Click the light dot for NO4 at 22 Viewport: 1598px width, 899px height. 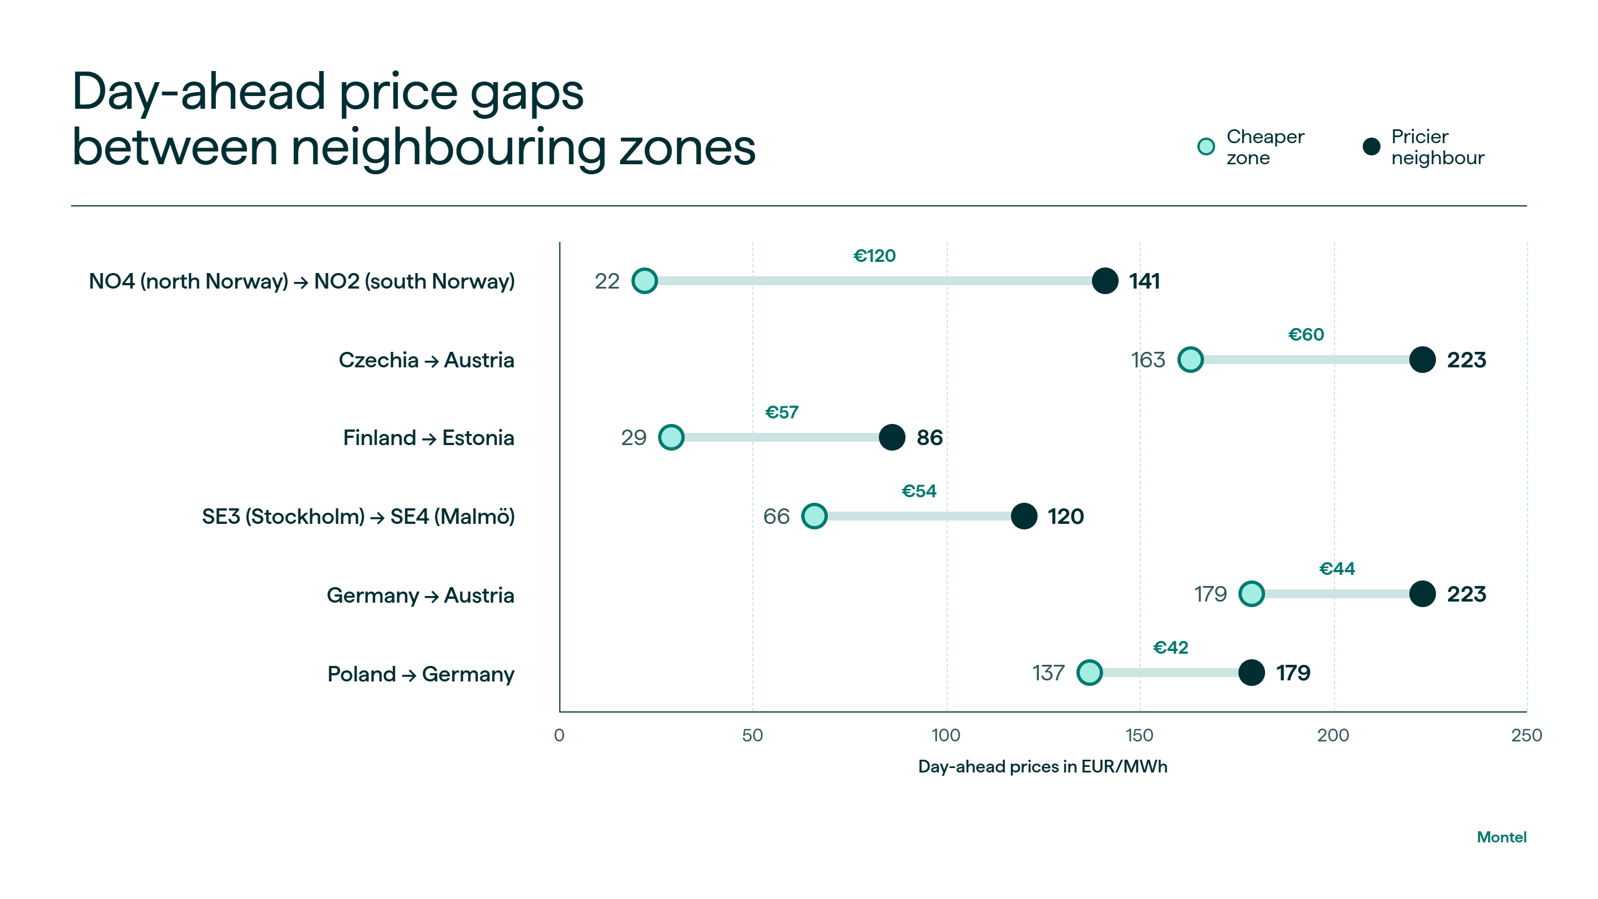pos(645,281)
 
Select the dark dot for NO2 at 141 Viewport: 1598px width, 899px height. pos(1105,281)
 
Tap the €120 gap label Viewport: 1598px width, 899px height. pos(874,256)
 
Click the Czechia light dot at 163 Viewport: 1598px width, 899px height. pos(1190,360)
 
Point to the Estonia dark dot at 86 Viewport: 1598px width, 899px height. pos(892,437)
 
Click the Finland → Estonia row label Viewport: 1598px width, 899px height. pos(429,438)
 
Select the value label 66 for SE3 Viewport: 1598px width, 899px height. pos(776,516)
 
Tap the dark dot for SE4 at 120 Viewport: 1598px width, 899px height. pos(1024,516)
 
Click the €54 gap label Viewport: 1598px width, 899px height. pos(919,491)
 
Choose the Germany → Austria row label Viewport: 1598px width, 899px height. pos(421,595)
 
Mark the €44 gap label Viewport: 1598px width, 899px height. pos(1337,568)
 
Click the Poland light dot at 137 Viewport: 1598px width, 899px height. pos(1089,673)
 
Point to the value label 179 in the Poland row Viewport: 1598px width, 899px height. pos(1293,673)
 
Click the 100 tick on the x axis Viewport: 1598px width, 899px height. pos(946,735)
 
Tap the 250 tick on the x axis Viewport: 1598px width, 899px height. pos(1526,735)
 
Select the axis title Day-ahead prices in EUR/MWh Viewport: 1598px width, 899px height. pos(1043,767)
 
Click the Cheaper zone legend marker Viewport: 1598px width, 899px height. pos(1206,147)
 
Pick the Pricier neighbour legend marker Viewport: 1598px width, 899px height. pos(1372,147)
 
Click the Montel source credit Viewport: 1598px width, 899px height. pos(1501,837)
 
